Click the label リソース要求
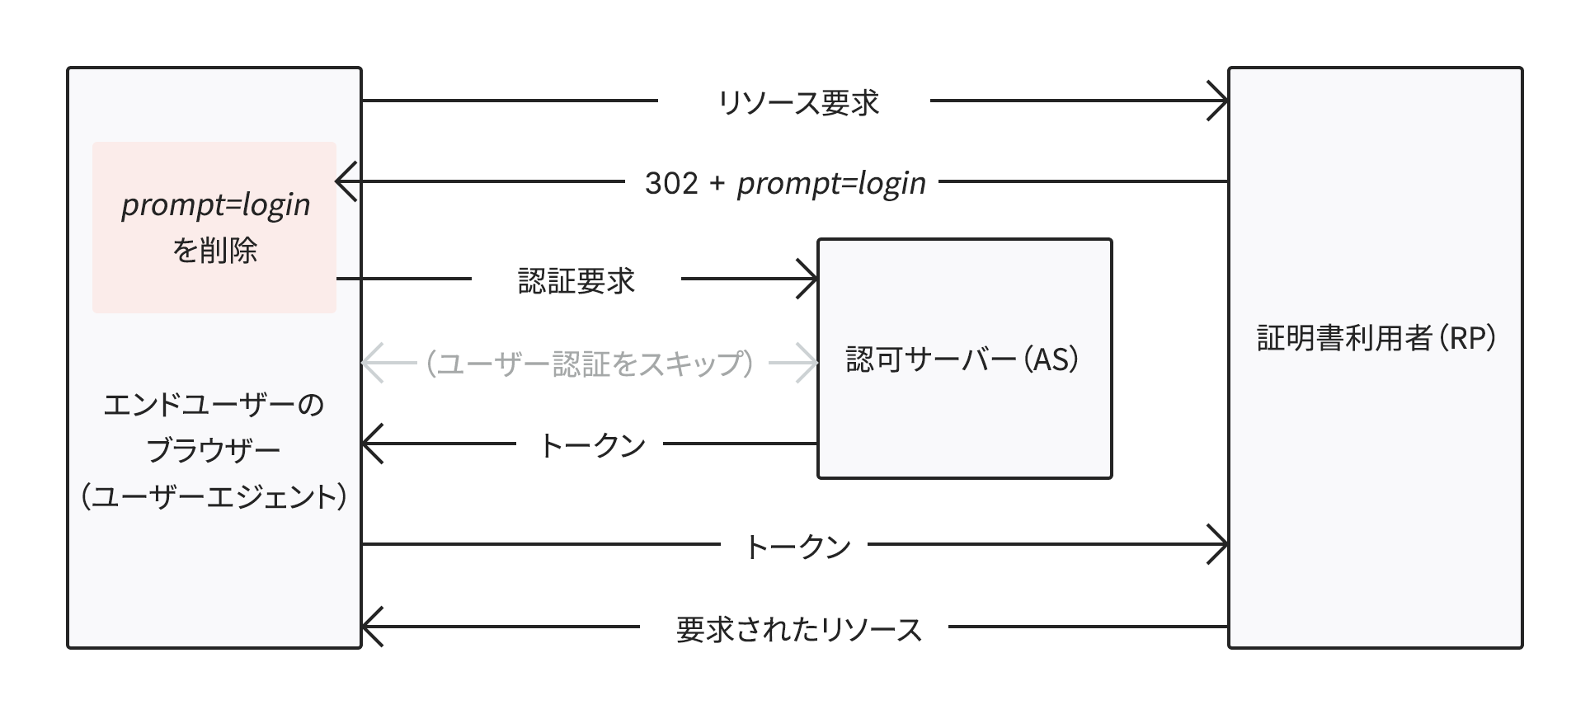[x=797, y=102]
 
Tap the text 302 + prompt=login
[x=784, y=183]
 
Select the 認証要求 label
[x=576, y=281]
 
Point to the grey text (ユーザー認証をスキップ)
[x=590, y=364]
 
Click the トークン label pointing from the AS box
[x=591, y=446]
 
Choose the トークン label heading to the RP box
[x=797, y=547]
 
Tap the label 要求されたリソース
[x=797, y=630]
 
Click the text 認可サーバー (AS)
[x=962, y=360]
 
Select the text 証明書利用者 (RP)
[x=1376, y=339]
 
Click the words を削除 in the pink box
[x=214, y=250]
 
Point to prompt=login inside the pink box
[x=215, y=205]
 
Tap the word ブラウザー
[x=214, y=451]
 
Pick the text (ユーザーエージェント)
[x=214, y=497]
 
